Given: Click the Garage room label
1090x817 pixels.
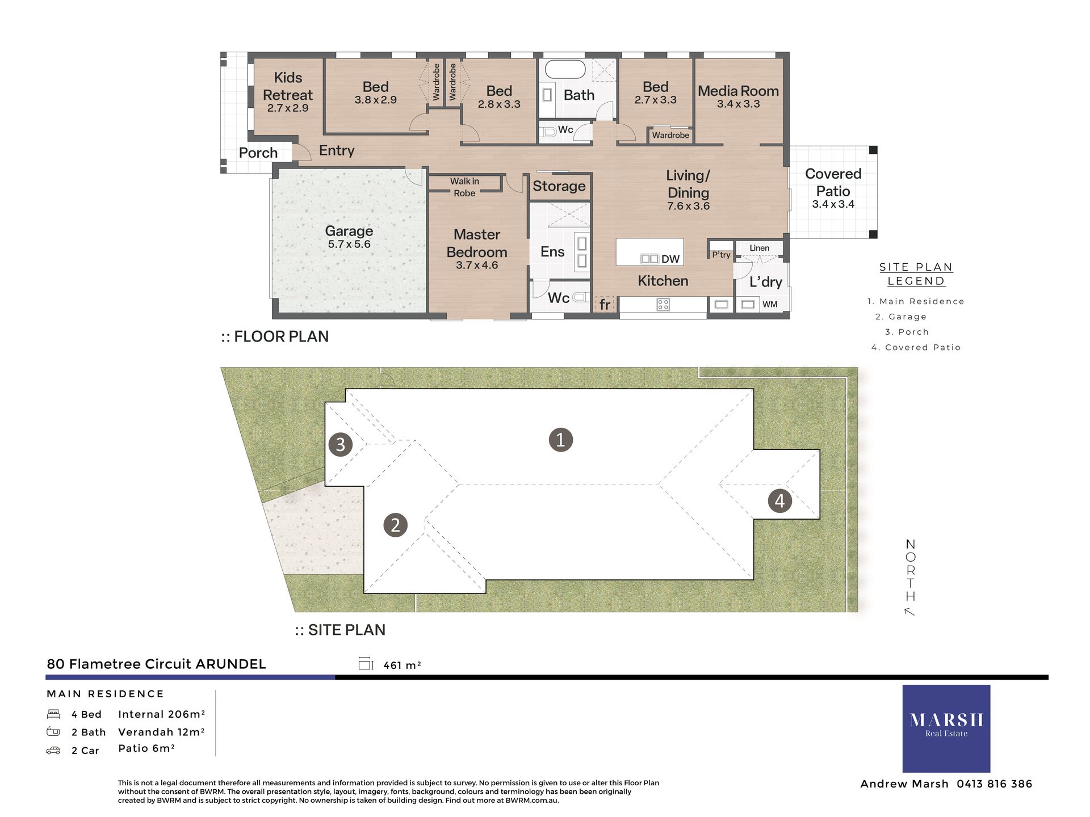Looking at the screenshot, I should (349, 231).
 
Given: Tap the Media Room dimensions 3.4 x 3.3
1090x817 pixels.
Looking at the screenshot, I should (738, 104).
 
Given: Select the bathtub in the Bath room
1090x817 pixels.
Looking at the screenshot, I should (565, 70).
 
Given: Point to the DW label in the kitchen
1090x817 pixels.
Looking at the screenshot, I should (670, 259).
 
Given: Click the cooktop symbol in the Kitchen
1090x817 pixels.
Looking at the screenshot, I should (663, 305).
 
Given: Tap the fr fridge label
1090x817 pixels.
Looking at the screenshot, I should (605, 305).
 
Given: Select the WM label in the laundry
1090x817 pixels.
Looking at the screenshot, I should (770, 305).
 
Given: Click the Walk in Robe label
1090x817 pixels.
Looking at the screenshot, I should (464, 187).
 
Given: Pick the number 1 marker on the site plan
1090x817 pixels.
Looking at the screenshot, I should (560, 440).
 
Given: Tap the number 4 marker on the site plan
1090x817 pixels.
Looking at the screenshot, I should (779, 500).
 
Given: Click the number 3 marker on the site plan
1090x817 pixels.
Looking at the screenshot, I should (340, 444).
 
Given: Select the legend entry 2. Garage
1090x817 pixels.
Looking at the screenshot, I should (901, 317).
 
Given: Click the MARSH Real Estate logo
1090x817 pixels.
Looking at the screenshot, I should (946, 728).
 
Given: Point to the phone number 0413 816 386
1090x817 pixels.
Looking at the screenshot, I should (994, 784).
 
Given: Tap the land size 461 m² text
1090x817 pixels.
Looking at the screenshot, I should (402, 665).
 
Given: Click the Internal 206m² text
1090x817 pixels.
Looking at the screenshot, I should (161, 714).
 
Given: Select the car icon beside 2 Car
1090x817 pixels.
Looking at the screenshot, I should (53, 751).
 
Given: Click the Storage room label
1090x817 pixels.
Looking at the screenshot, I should (559, 186).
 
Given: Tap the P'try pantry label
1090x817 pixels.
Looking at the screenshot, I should (721, 255).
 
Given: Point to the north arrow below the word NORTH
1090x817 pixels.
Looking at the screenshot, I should (909, 612).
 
